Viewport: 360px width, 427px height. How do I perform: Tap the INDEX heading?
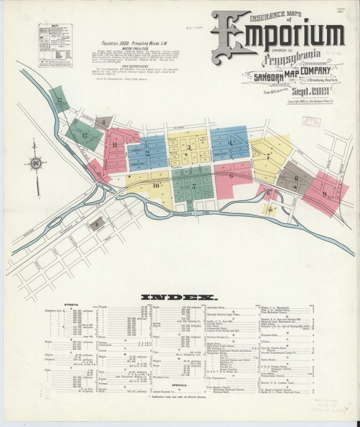179,297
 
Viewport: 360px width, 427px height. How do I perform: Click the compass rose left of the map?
35,164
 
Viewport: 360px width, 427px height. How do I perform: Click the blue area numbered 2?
147,153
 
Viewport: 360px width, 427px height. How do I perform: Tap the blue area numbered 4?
230,143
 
